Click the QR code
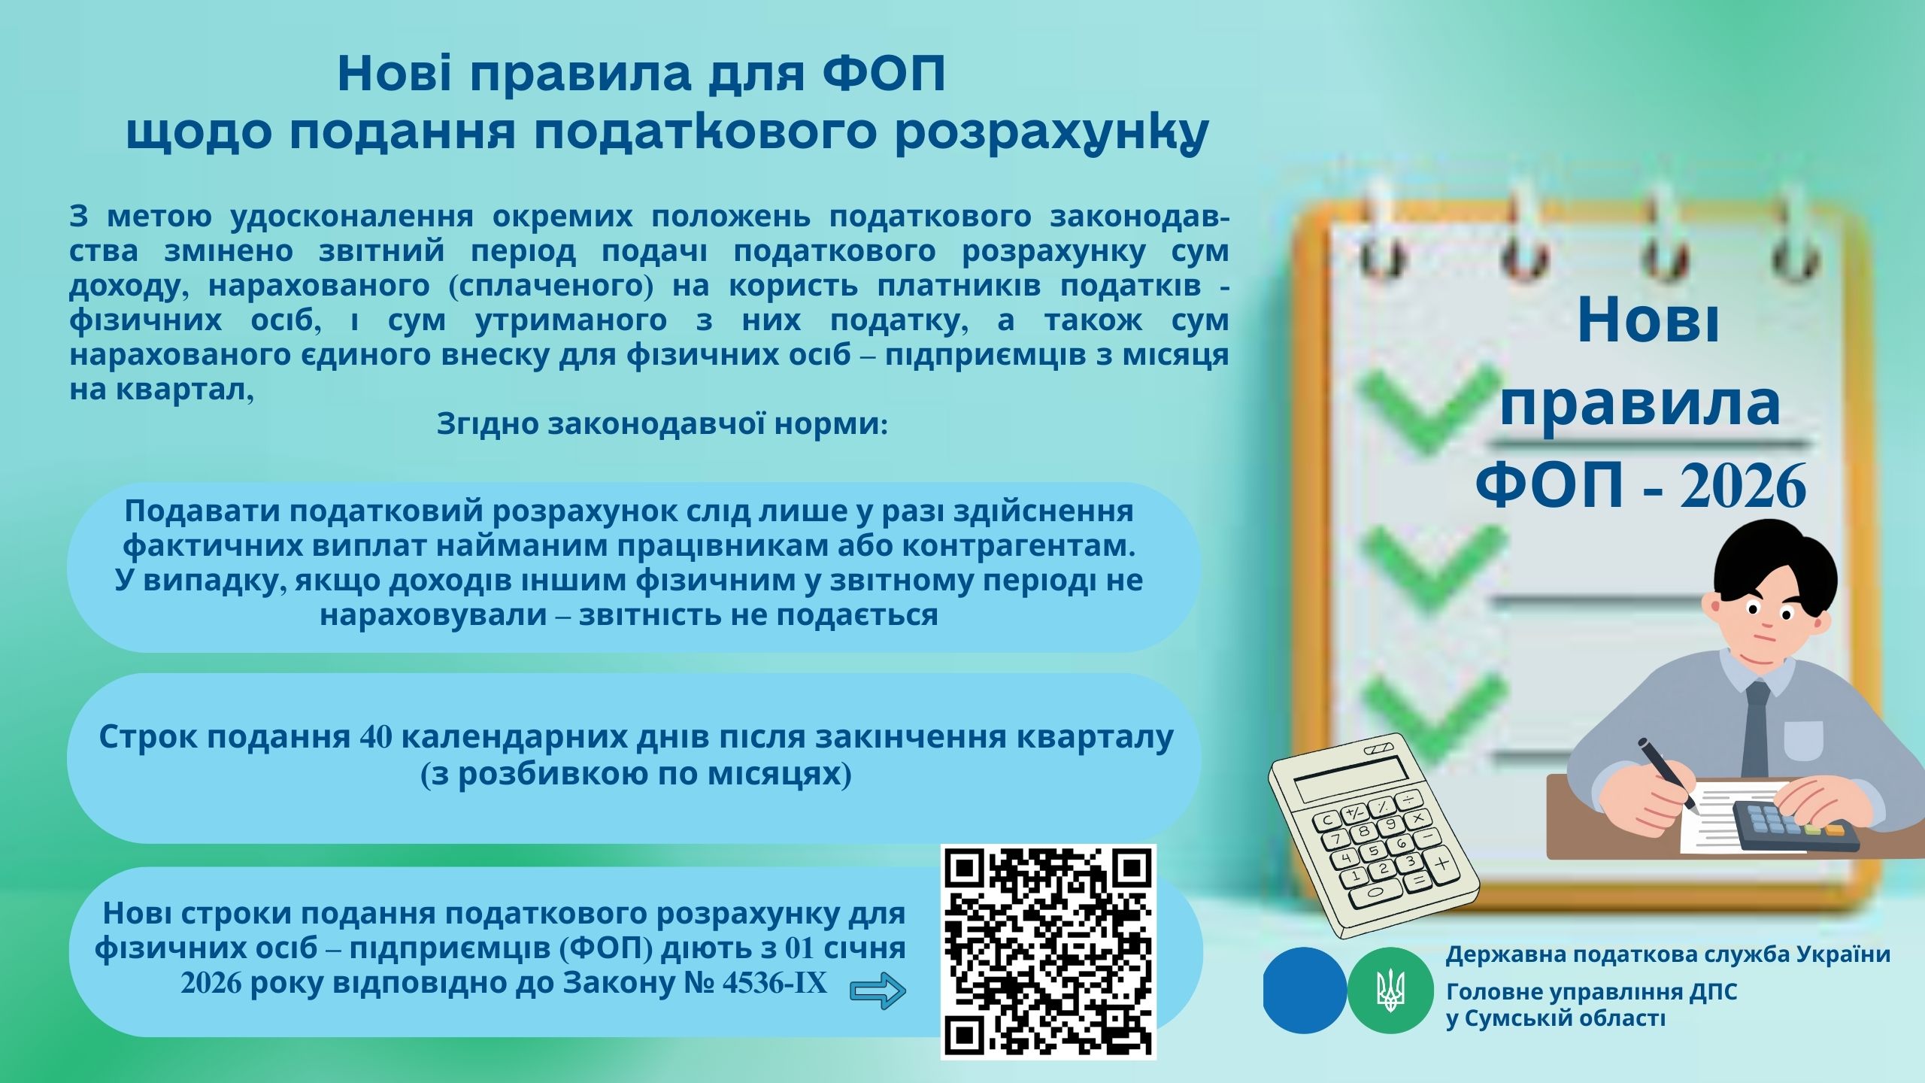coord(1048,952)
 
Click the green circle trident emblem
coord(1390,990)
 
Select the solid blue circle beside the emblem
coord(1305,990)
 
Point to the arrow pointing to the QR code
coord(878,991)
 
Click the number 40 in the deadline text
coord(376,737)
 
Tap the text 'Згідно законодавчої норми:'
coord(662,423)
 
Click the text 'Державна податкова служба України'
coord(1668,954)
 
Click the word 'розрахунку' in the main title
coord(1053,132)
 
